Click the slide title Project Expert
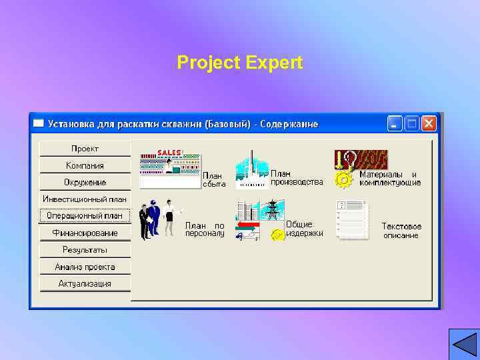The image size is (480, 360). click(x=240, y=63)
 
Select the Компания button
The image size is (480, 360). click(x=85, y=165)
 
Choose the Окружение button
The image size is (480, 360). click(x=85, y=182)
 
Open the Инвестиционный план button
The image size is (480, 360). click(x=85, y=199)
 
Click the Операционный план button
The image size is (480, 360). click(x=85, y=215)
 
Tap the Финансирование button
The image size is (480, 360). click(x=85, y=233)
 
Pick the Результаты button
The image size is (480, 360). click(x=85, y=249)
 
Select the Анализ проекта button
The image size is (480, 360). click(x=85, y=267)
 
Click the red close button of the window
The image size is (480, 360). click(x=428, y=123)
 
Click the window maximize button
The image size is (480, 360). click(x=412, y=123)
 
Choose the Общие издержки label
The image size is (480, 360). click(x=305, y=229)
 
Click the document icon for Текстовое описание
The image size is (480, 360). click(x=353, y=219)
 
